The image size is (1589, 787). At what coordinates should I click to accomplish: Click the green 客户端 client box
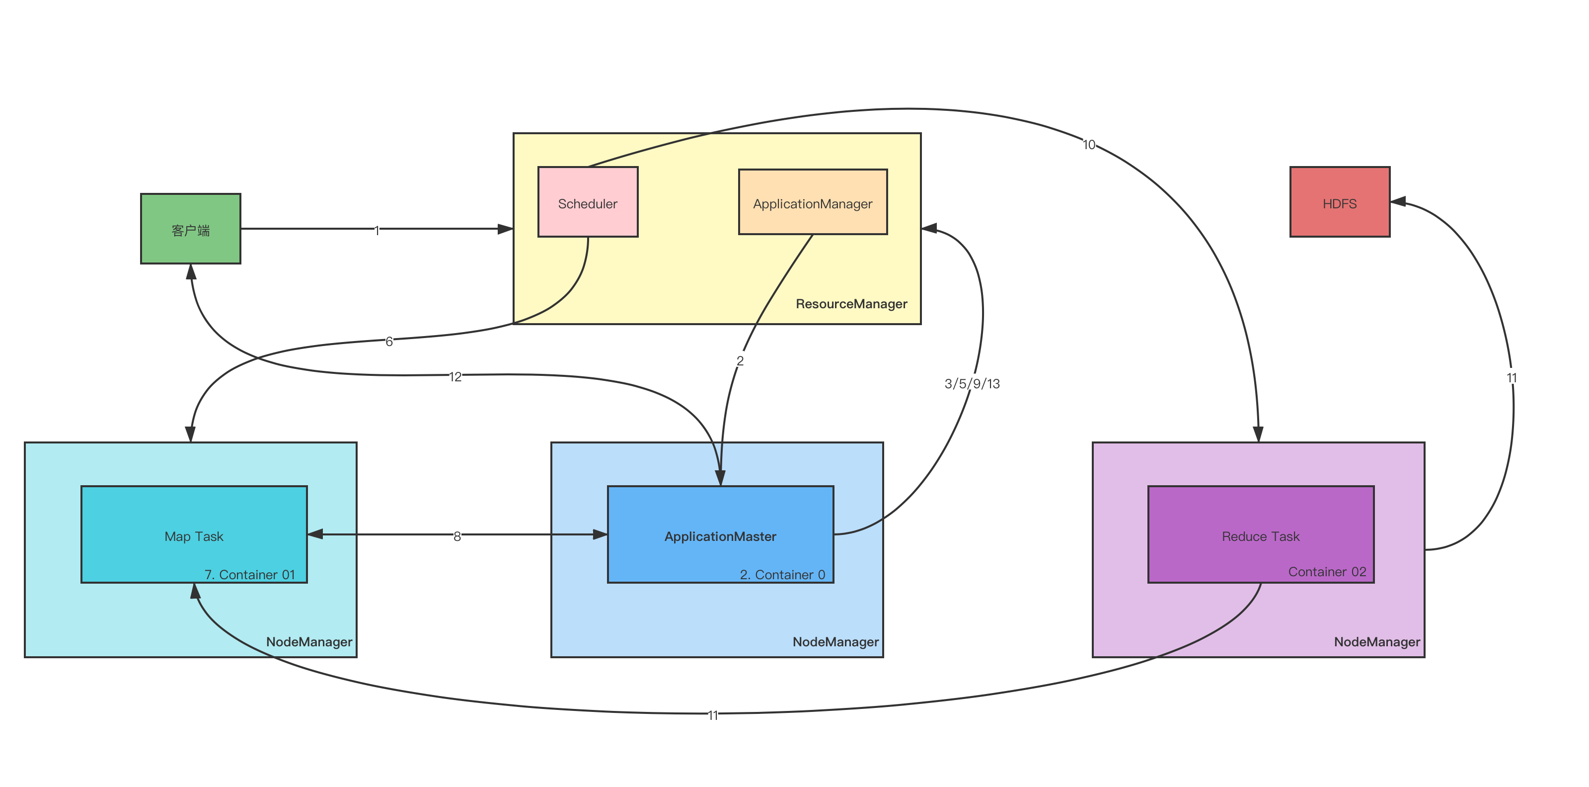coord(191,229)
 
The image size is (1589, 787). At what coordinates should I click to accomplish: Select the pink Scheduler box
coord(588,202)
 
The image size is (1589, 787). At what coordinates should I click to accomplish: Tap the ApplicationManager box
coord(813,202)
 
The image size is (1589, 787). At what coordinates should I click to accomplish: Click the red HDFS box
coord(1339,202)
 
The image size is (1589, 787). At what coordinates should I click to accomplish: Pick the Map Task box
coord(194,534)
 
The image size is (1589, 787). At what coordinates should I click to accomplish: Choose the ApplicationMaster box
coord(720,534)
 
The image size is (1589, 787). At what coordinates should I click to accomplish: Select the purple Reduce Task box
coord(1260,534)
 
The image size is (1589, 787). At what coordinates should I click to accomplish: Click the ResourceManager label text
coord(851,304)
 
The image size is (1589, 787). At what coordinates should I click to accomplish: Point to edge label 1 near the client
coord(377,230)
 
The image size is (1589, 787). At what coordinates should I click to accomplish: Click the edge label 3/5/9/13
coord(972,383)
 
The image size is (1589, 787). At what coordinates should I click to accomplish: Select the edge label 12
coord(455,376)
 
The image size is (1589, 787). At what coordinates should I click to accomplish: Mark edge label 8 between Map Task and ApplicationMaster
coord(457,535)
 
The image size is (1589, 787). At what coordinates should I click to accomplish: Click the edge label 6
coord(389,341)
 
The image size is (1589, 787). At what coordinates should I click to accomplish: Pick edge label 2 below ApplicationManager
coord(740,360)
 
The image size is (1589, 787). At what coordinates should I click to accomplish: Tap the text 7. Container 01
coord(250,575)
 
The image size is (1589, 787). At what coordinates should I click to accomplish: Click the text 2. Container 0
coord(782,575)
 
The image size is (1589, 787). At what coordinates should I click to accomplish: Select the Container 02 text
coord(1327,572)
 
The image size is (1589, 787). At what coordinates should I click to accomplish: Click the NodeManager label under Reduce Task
coord(1377,642)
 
